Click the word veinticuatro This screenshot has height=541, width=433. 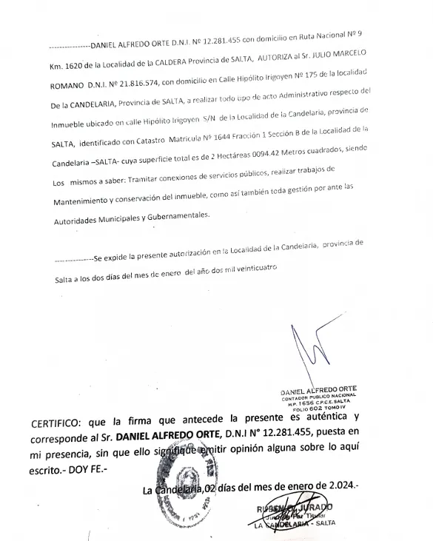point(254,266)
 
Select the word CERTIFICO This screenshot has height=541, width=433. point(57,425)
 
